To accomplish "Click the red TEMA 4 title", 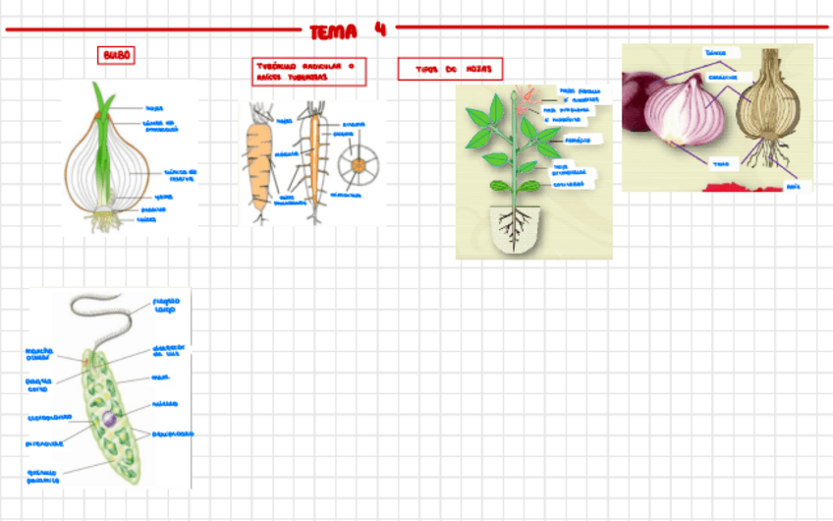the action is click(x=348, y=30).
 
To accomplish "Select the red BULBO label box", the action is click(x=116, y=56).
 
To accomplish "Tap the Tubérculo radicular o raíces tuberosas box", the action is click(x=308, y=71).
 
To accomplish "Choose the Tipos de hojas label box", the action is click(x=450, y=69).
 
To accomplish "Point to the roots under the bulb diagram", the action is click(x=105, y=222).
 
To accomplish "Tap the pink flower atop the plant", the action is click(x=529, y=95).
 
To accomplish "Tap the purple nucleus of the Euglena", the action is click(x=110, y=420).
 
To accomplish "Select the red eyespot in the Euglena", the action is click(x=88, y=362).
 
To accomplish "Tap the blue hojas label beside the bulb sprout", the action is click(x=153, y=108).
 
